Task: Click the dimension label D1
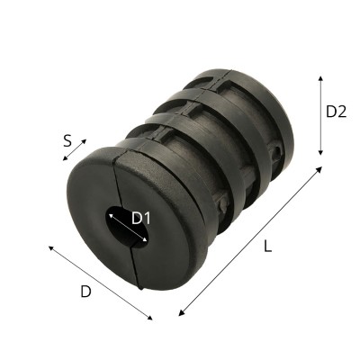pyautogui.click(x=141, y=219)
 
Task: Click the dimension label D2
pyautogui.click(x=337, y=112)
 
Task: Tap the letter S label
pyautogui.click(x=67, y=140)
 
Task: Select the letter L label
pyautogui.click(x=267, y=247)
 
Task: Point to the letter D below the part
pyautogui.click(x=85, y=292)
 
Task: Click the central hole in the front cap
pyautogui.click(x=127, y=227)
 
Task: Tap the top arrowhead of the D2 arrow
pyautogui.click(x=320, y=78)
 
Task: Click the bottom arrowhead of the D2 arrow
pyautogui.click(x=320, y=152)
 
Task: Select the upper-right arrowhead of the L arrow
pyautogui.click(x=319, y=169)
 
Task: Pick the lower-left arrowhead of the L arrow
pyautogui.click(x=181, y=313)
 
